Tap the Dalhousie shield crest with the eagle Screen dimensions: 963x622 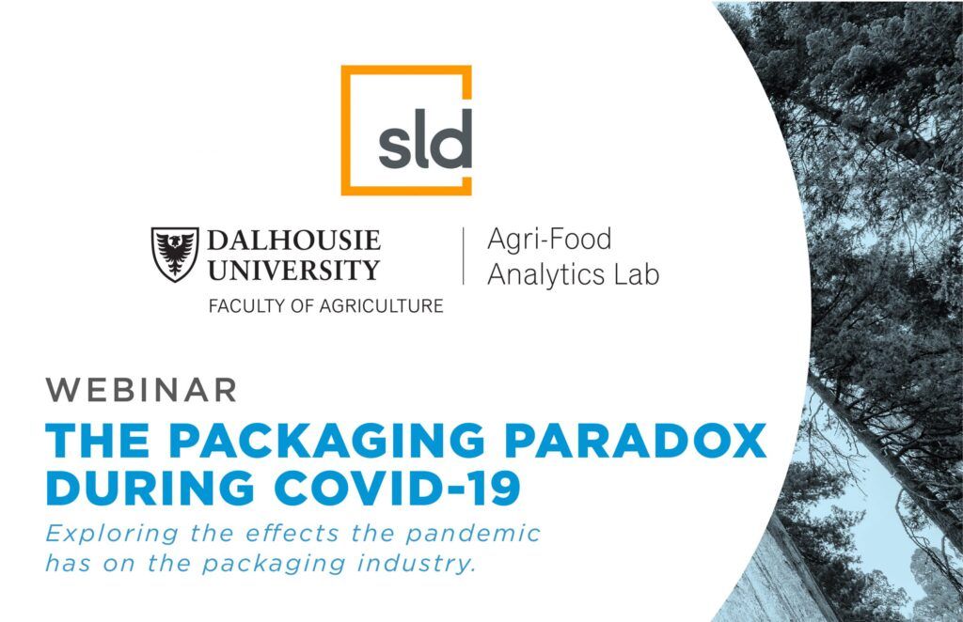tap(175, 254)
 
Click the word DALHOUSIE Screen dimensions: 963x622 tap(293, 240)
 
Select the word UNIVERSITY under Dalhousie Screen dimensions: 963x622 tap(293, 270)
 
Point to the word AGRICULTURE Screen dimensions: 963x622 tap(380, 305)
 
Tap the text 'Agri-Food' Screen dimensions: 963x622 tap(549, 240)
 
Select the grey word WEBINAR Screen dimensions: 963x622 tap(141, 390)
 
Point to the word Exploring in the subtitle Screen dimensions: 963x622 tap(112, 534)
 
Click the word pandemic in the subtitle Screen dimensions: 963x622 tap(473, 534)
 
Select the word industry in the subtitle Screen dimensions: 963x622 tap(417, 564)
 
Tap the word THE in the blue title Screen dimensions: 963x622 tap(98, 440)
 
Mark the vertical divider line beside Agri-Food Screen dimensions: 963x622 tap(463, 256)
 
